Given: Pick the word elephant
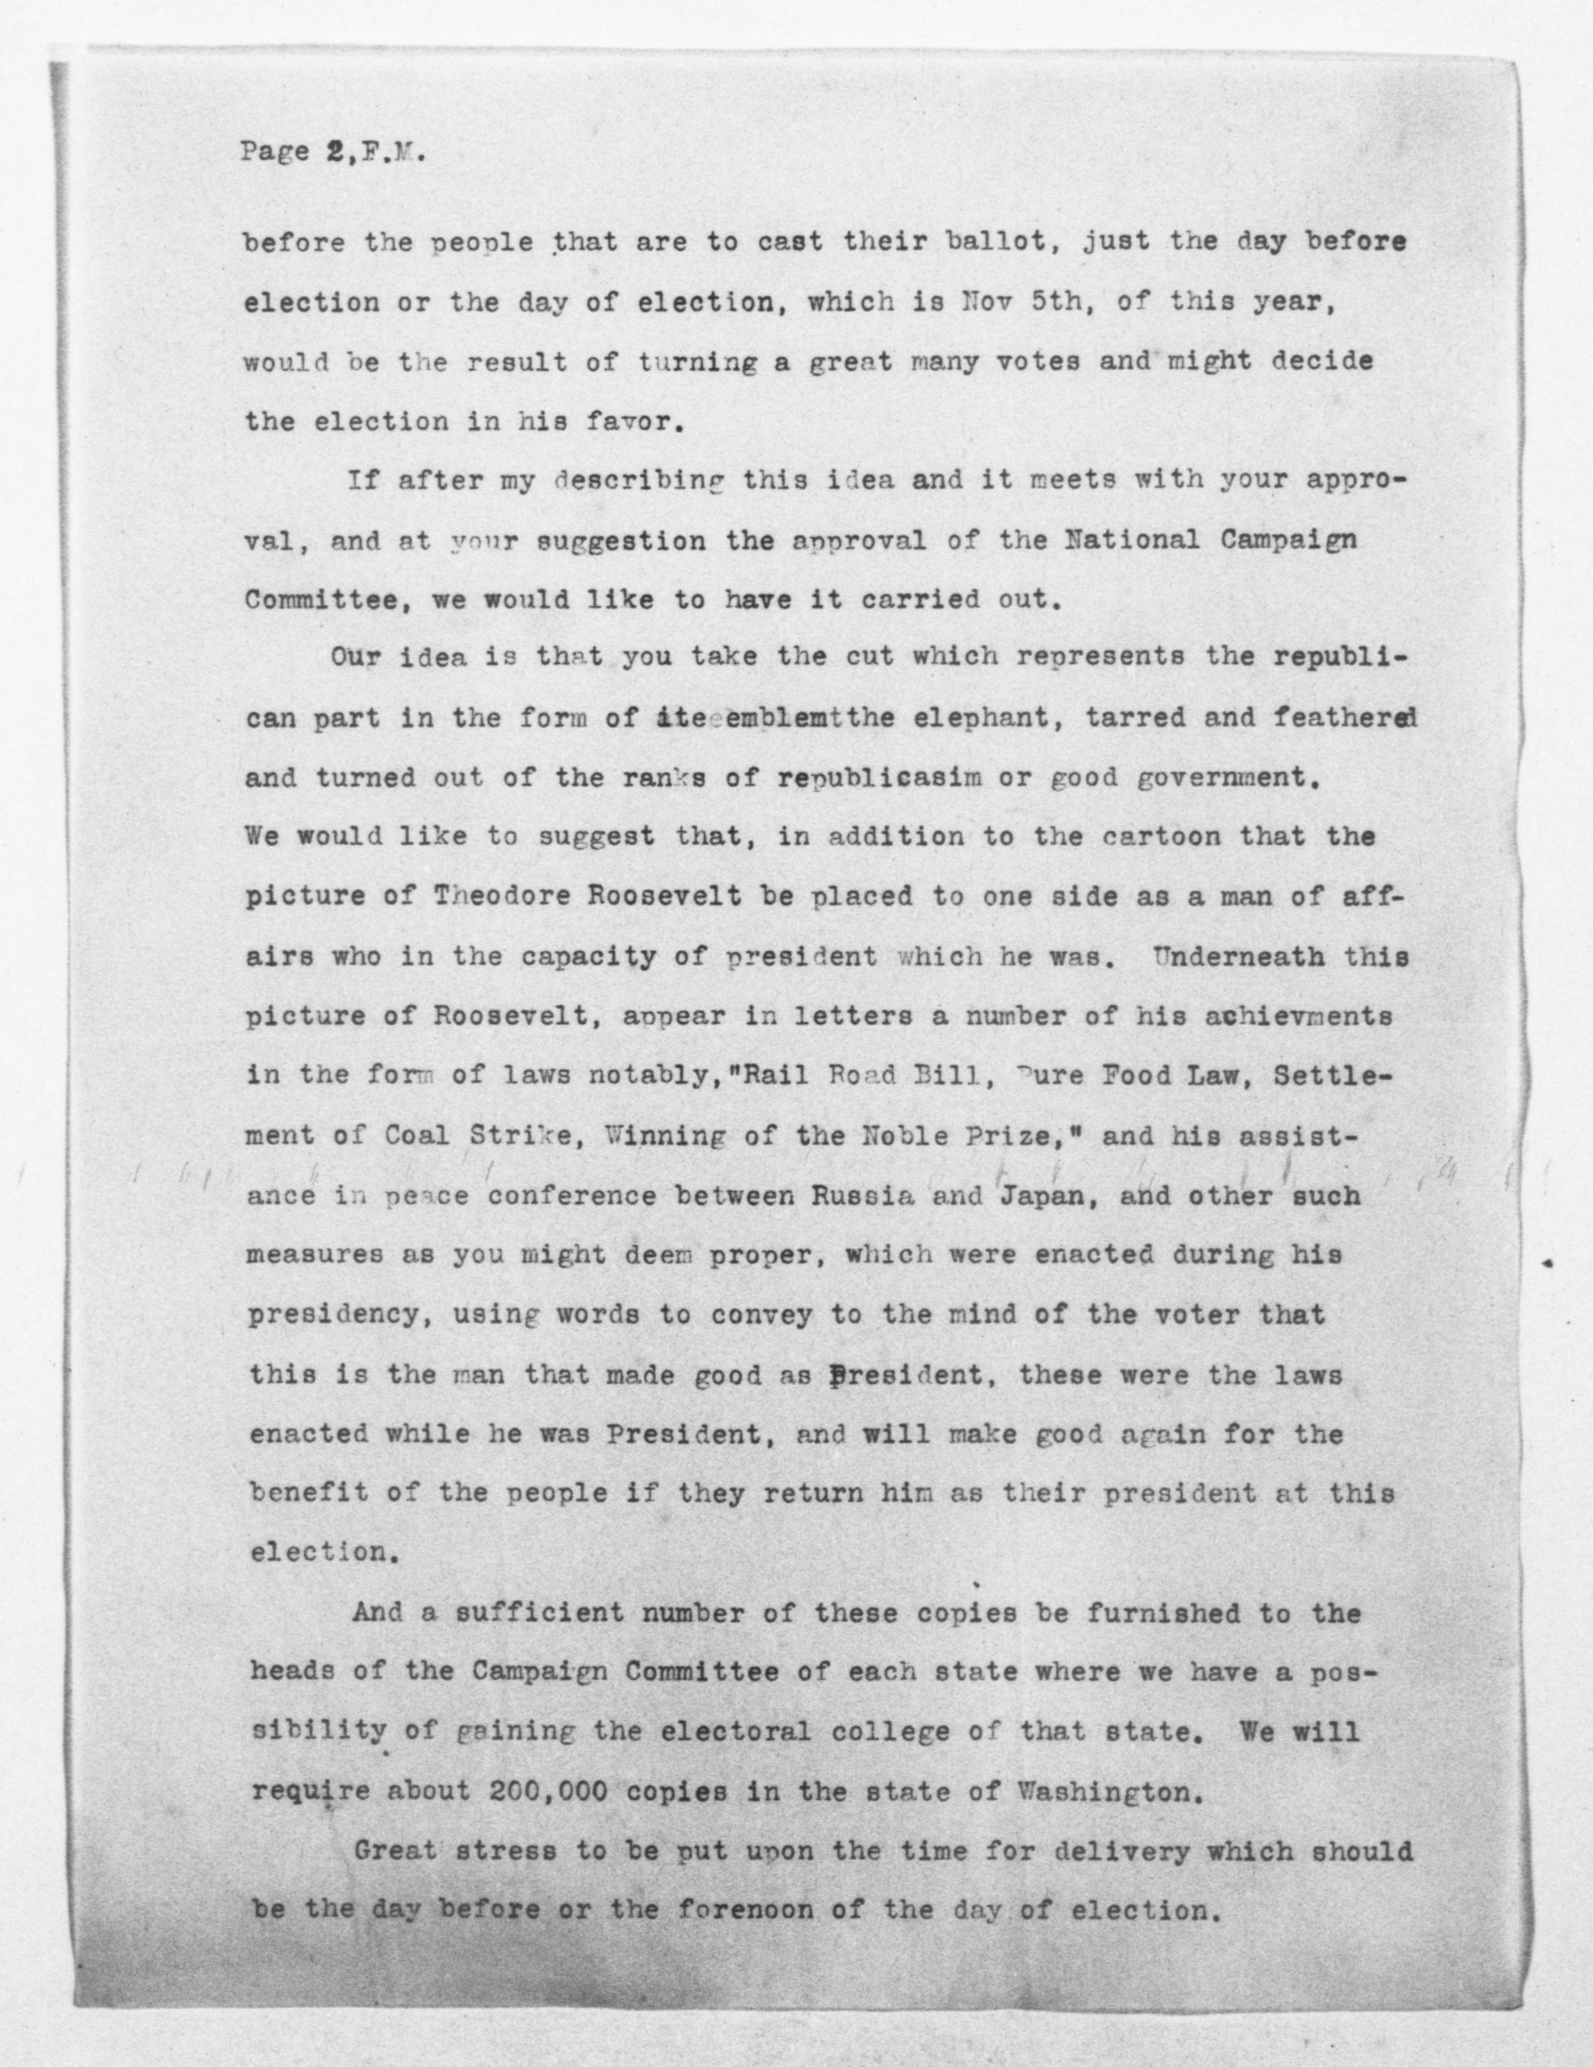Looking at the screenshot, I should click(957, 718).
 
